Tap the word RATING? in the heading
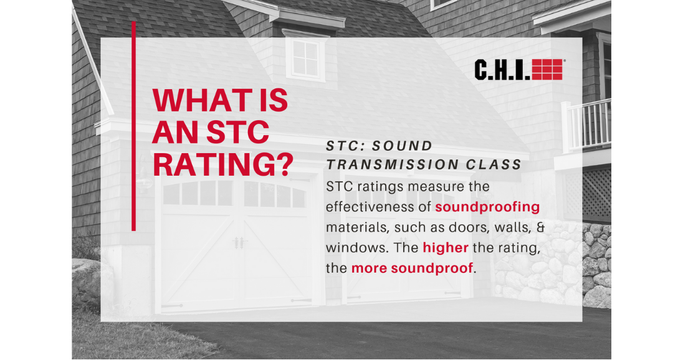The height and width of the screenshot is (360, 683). point(222,164)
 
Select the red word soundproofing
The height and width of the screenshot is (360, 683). point(487,207)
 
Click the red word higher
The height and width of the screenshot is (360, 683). point(446,248)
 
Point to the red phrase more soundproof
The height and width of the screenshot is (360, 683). point(412,268)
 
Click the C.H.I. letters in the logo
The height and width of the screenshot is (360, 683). point(502,70)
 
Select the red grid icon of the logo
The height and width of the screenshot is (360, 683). point(548,70)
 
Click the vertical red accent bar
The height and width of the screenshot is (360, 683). point(134,126)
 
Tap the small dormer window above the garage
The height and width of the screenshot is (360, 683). point(305,57)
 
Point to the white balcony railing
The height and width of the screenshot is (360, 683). point(586,125)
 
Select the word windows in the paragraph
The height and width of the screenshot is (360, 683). point(356,248)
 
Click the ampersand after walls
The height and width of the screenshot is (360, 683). point(540,227)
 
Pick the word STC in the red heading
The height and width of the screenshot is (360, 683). point(238,132)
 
